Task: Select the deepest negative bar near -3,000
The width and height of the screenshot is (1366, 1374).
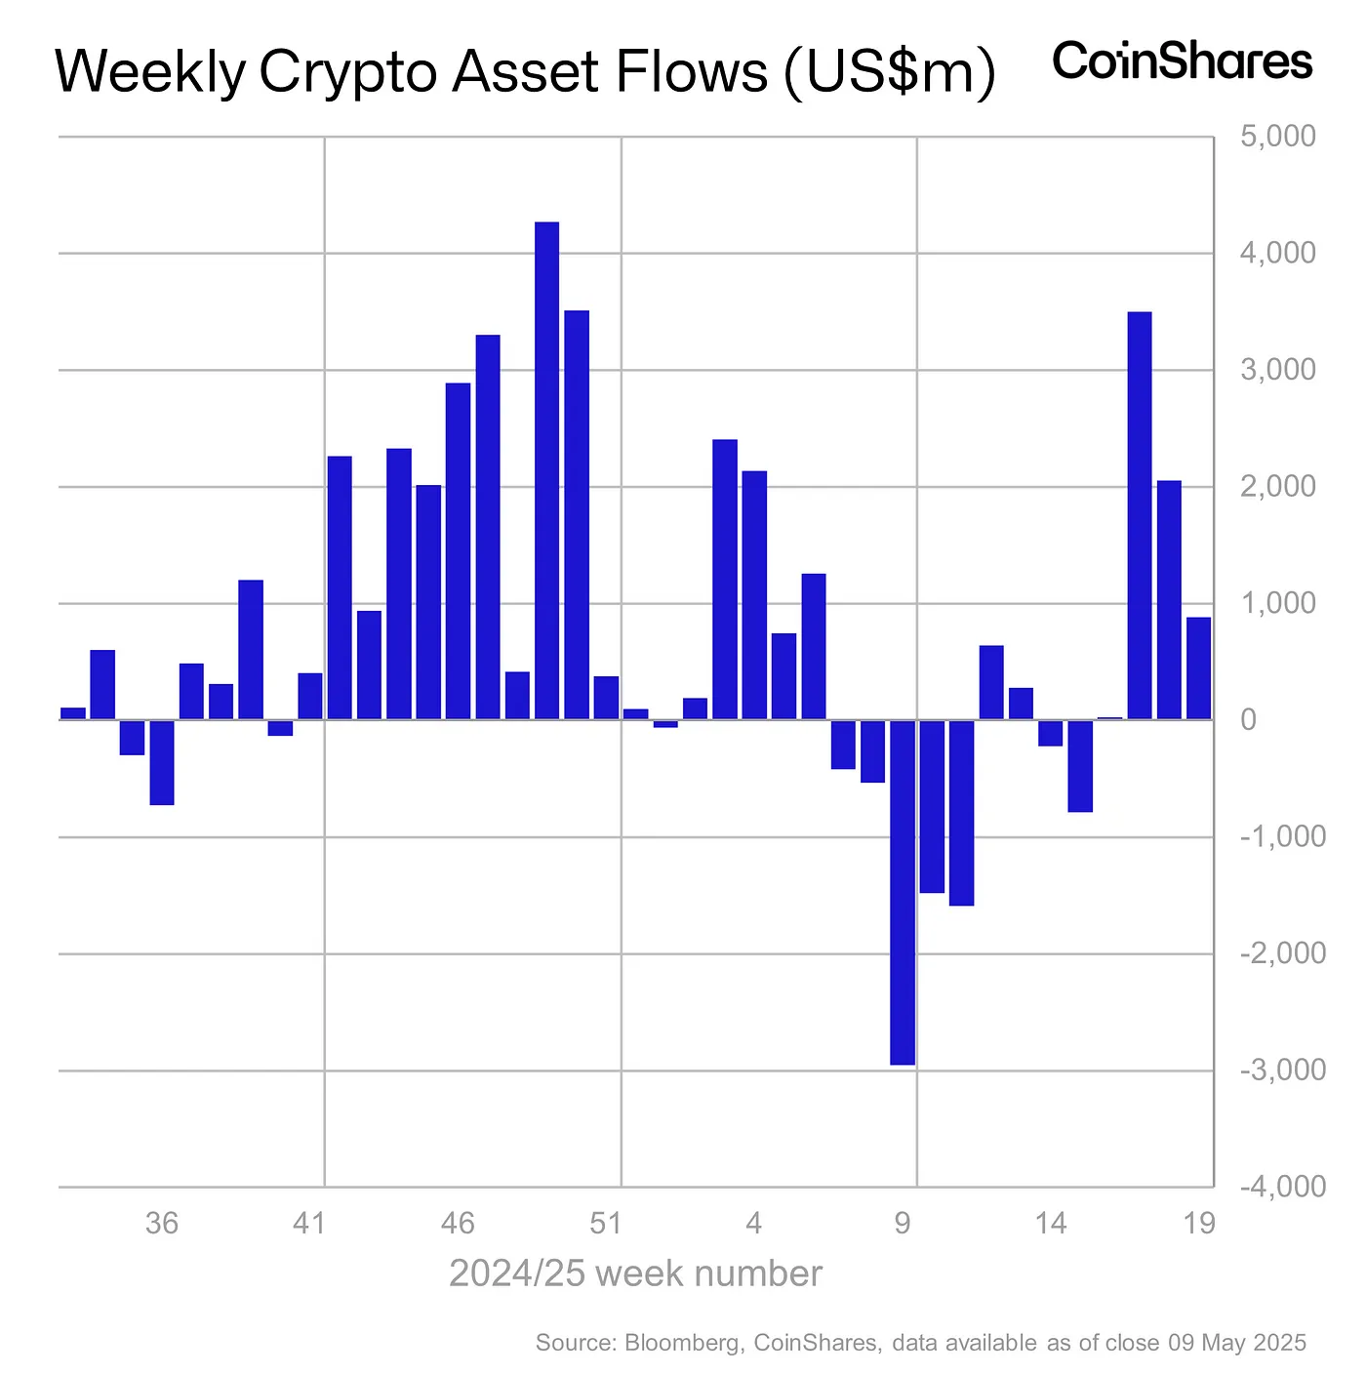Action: point(903,892)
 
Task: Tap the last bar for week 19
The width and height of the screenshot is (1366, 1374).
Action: point(1198,668)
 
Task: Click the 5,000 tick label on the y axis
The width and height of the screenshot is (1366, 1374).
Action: point(1277,137)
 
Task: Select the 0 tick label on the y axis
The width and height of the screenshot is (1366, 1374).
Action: point(1248,720)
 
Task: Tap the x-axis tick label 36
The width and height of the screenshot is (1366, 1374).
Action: point(162,1223)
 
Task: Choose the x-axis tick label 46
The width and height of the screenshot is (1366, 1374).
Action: point(458,1223)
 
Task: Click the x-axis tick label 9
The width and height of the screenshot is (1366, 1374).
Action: point(903,1223)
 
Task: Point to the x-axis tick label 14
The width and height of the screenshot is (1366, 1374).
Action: point(1050,1223)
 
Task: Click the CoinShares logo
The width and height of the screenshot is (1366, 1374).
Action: point(1183,61)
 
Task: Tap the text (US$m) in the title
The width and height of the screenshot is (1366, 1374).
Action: point(889,72)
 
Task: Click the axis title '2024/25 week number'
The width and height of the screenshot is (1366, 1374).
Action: point(635,1273)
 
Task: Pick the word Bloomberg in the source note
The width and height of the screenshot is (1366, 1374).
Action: point(681,1343)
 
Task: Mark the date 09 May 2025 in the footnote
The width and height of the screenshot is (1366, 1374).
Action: point(1236,1343)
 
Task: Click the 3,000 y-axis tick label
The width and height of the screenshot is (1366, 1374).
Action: point(1277,370)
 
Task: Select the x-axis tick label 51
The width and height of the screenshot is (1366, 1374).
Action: point(606,1223)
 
